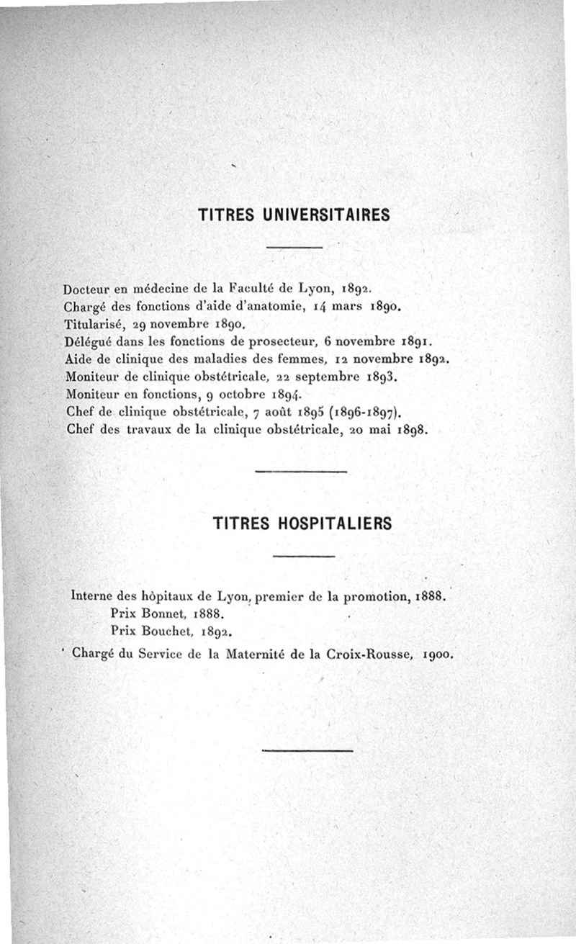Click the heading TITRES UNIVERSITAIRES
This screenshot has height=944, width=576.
point(293,215)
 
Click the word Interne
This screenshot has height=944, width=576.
point(95,597)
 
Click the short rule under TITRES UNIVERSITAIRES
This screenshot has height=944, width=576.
point(293,248)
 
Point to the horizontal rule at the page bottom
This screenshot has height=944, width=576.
point(307,751)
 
